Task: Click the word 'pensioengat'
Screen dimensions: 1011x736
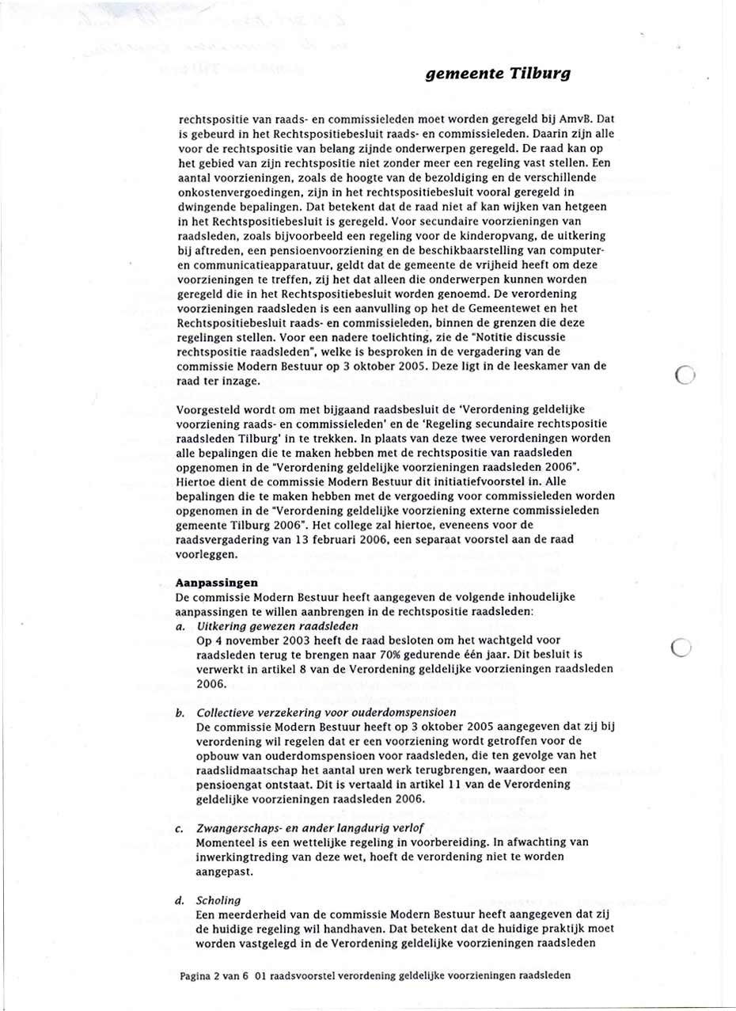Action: click(x=226, y=783)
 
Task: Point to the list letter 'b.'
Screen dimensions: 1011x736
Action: click(x=180, y=712)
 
